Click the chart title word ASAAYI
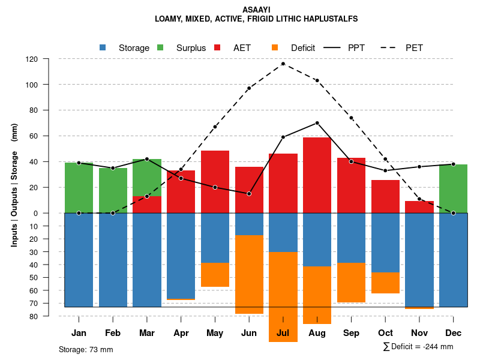(x=256, y=10)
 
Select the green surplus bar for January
(x=79, y=187)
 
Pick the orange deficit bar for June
(x=249, y=274)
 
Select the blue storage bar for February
(x=113, y=260)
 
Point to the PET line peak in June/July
(x=283, y=64)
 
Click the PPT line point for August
(x=317, y=123)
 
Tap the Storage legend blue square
(x=103, y=47)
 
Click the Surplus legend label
(x=191, y=48)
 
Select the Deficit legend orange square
(x=275, y=47)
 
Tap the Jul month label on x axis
(x=283, y=333)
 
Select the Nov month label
(x=419, y=333)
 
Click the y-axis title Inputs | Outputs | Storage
(x=14, y=184)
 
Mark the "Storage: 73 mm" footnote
(x=86, y=349)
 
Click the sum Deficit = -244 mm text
(x=418, y=346)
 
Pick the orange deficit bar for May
(x=215, y=275)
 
